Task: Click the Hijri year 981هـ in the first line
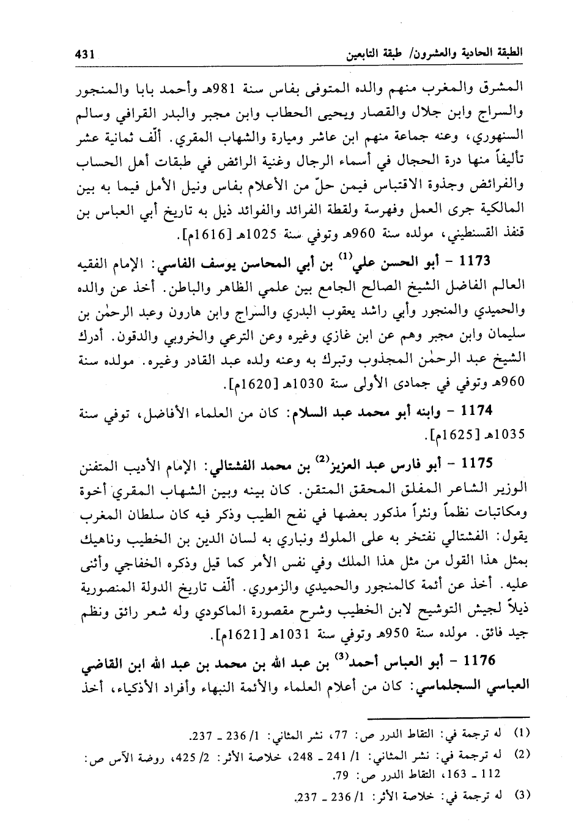[258, 83]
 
